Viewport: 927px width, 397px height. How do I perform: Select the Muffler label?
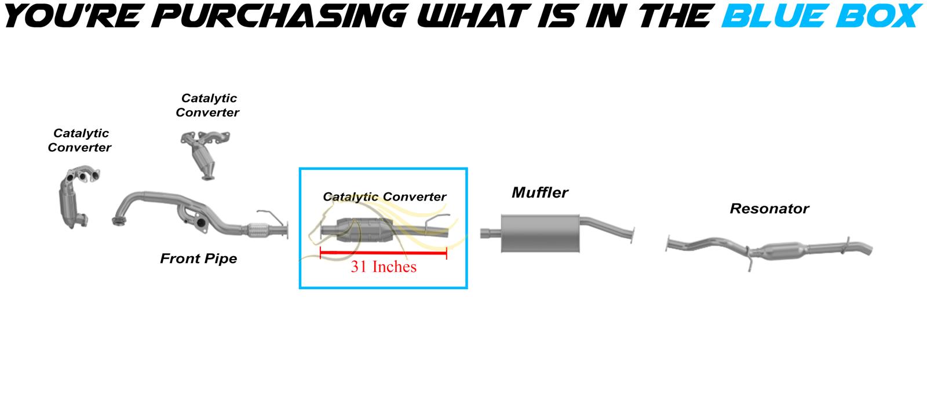pos(539,192)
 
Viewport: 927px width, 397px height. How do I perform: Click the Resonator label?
pos(769,208)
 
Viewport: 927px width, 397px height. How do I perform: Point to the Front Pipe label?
pos(198,258)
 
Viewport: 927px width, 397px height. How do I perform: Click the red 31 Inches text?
pos(384,267)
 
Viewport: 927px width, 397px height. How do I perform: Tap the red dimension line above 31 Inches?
pos(384,253)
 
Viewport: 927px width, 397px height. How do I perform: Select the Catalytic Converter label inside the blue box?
pos(385,196)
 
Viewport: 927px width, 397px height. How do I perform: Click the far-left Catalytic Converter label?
pos(79,140)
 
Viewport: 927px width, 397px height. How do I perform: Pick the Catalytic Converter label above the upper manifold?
pos(207,105)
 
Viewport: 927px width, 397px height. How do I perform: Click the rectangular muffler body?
pos(540,234)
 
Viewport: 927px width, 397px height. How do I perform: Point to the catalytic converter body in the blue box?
pos(364,230)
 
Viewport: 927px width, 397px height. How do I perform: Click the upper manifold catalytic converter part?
pos(205,155)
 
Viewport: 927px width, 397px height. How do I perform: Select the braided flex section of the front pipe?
pos(258,230)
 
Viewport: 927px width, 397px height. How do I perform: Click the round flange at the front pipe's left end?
pos(119,221)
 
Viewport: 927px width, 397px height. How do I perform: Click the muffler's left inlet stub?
pos(491,233)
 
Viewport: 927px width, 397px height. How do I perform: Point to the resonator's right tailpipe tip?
pos(867,249)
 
